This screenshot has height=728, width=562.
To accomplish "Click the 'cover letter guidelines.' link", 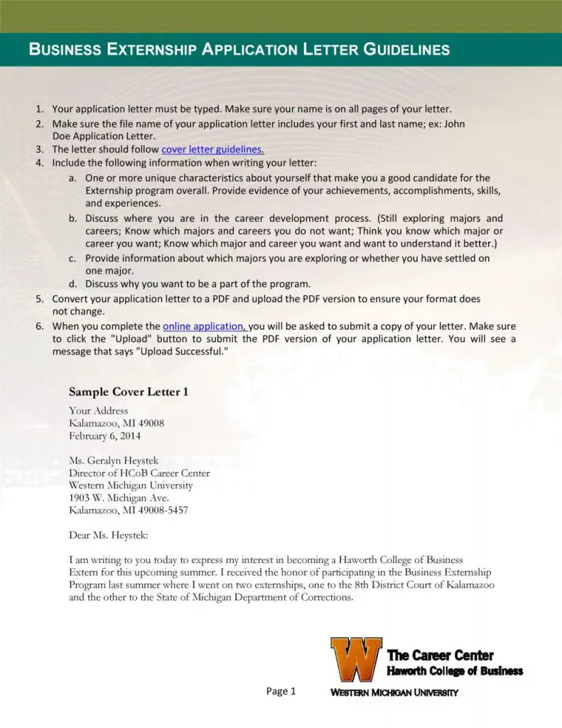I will (x=213, y=149).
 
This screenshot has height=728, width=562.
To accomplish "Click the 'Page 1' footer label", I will (x=281, y=691).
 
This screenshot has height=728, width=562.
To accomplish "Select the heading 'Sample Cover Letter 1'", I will (x=128, y=392).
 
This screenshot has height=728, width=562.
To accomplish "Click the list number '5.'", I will (x=40, y=299).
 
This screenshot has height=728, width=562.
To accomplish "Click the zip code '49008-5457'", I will (x=162, y=510).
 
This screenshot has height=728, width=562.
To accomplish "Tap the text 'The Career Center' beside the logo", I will (x=440, y=655).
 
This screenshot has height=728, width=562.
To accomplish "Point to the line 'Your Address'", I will (x=98, y=410).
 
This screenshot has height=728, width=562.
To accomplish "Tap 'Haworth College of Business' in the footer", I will (x=455, y=671).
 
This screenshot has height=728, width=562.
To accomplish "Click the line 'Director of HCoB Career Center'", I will (x=139, y=473).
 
